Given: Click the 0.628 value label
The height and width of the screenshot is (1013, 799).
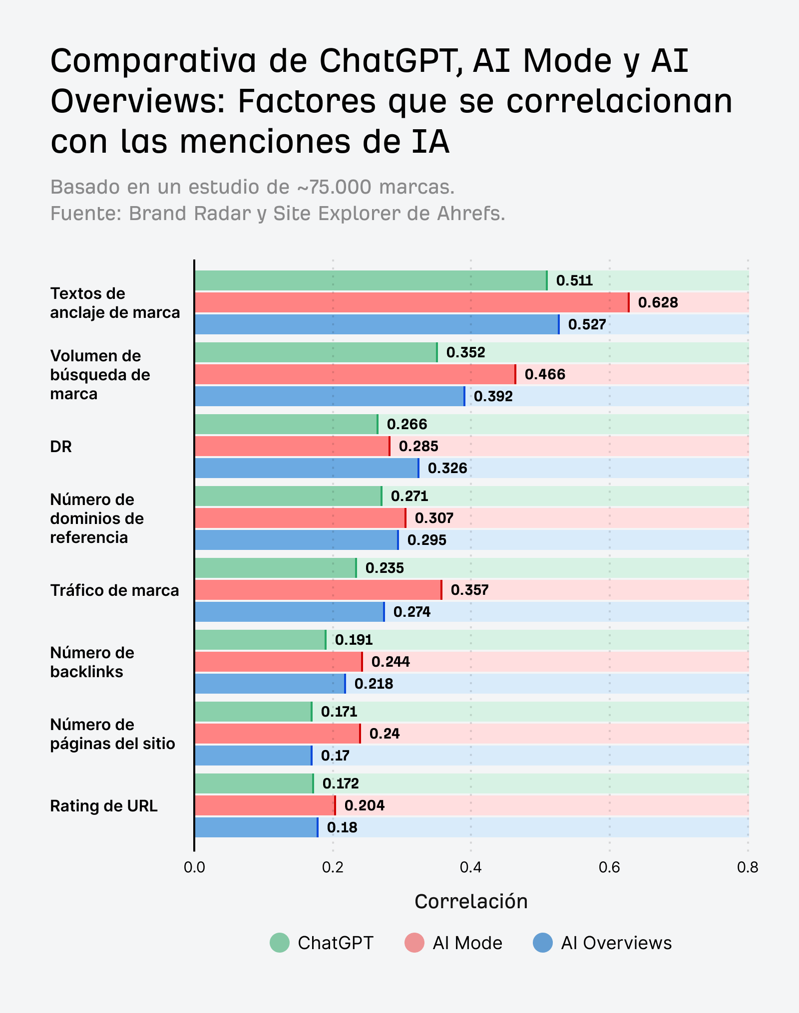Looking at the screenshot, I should (658, 302).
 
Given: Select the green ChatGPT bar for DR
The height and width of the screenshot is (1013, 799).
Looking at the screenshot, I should (286, 424).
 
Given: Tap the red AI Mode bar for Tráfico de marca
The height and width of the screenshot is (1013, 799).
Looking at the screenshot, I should (318, 590).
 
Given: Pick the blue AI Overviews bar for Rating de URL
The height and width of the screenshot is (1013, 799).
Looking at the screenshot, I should (256, 827).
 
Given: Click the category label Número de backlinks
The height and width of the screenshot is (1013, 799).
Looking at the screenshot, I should (92, 662).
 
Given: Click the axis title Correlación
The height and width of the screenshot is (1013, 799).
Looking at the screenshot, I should (471, 902).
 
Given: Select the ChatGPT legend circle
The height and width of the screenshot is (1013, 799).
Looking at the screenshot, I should (280, 943).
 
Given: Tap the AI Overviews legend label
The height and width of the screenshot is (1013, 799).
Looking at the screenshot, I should (616, 943).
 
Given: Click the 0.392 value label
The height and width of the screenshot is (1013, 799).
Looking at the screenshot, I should (493, 396).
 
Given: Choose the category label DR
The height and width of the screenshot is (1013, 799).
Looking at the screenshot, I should (61, 447).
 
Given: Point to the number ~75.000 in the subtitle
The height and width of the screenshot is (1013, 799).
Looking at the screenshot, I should (334, 187).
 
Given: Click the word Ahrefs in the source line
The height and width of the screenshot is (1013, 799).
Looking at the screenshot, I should (471, 214).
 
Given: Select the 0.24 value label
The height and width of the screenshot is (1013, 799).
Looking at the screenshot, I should (385, 734).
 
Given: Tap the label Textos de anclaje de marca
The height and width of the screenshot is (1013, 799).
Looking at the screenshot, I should (115, 303).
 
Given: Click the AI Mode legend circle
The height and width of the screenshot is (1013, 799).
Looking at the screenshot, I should (414, 943).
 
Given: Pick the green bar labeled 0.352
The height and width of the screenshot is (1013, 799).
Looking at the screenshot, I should (316, 352).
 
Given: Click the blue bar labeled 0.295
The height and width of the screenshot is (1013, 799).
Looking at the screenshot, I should (296, 540).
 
